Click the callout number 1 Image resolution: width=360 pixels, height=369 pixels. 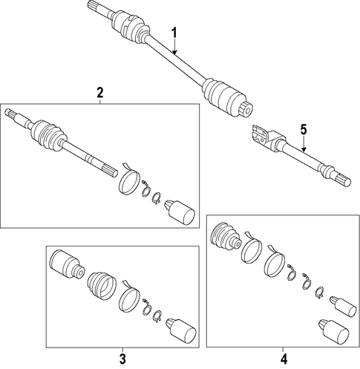click(x=174, y=33)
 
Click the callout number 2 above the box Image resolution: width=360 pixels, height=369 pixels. click(x=99, y=93)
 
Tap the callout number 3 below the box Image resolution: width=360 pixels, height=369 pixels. click(x=122, y=359)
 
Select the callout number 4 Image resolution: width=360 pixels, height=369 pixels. click(x=284, y=359)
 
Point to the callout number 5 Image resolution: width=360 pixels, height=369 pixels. click(x=304, y=130)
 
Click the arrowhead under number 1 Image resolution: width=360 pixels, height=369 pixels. click(x=174, y=52)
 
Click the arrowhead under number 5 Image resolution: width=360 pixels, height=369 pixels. click(x=304, y=149)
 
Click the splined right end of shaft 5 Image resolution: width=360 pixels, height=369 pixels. click(x=344, y=180)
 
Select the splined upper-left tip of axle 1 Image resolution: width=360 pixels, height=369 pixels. click(x=94, y=5)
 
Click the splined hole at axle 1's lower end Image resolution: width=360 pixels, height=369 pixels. click(x=246, y=108)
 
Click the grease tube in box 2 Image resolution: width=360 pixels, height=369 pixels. click(x=180, y=212)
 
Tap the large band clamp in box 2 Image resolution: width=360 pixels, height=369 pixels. click(x=129, y=180)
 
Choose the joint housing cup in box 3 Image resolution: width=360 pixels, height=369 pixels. click(x=67, y=265)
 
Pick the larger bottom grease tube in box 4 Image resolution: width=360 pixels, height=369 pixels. click(x=334, y=331)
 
